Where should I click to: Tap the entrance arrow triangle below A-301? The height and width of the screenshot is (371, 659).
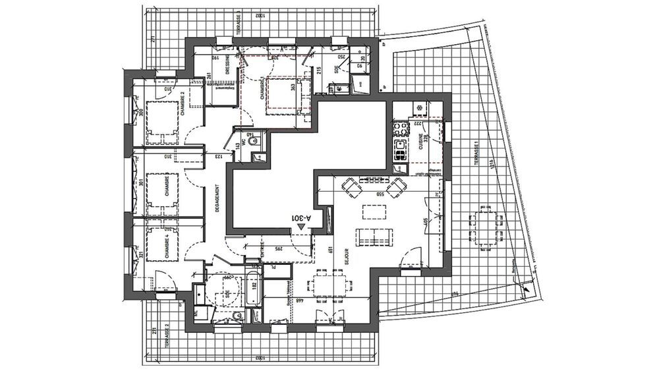click(x=301, y=226)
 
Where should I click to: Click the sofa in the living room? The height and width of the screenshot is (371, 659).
click(x=374, y=234)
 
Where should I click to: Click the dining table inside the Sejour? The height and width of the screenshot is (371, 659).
click(x=327, y=281)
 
